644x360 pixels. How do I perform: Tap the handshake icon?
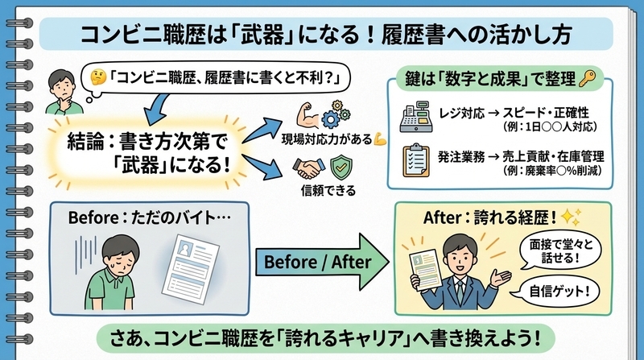pyautogui.click(x=308, y=168)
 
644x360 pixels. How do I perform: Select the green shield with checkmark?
pyautogui.click(x=341, y=168)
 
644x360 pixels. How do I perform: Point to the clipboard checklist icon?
pyautogui.click(x=415, y=160)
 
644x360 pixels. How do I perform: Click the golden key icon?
pyautogui.click(x=587, y=78)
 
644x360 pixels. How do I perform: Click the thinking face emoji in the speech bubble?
pyautogui.click(x=98, y=77)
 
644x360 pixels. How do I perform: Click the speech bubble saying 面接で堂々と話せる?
pyautogui.click(x=560, y=251)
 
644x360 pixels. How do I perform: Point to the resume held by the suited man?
pyautogui.click(x=425, y=270)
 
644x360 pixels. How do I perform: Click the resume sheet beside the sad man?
pyautogui.click(x=191, y=269)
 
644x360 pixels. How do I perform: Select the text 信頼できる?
pyautogui.click(x=328, y=191)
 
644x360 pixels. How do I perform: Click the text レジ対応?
pyautogui.click(x=461, y=113)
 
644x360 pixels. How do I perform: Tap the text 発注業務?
pyautogui.click(x=461, y=156)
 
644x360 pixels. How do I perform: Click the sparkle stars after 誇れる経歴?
pyautogui.click(x=572, y=217)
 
